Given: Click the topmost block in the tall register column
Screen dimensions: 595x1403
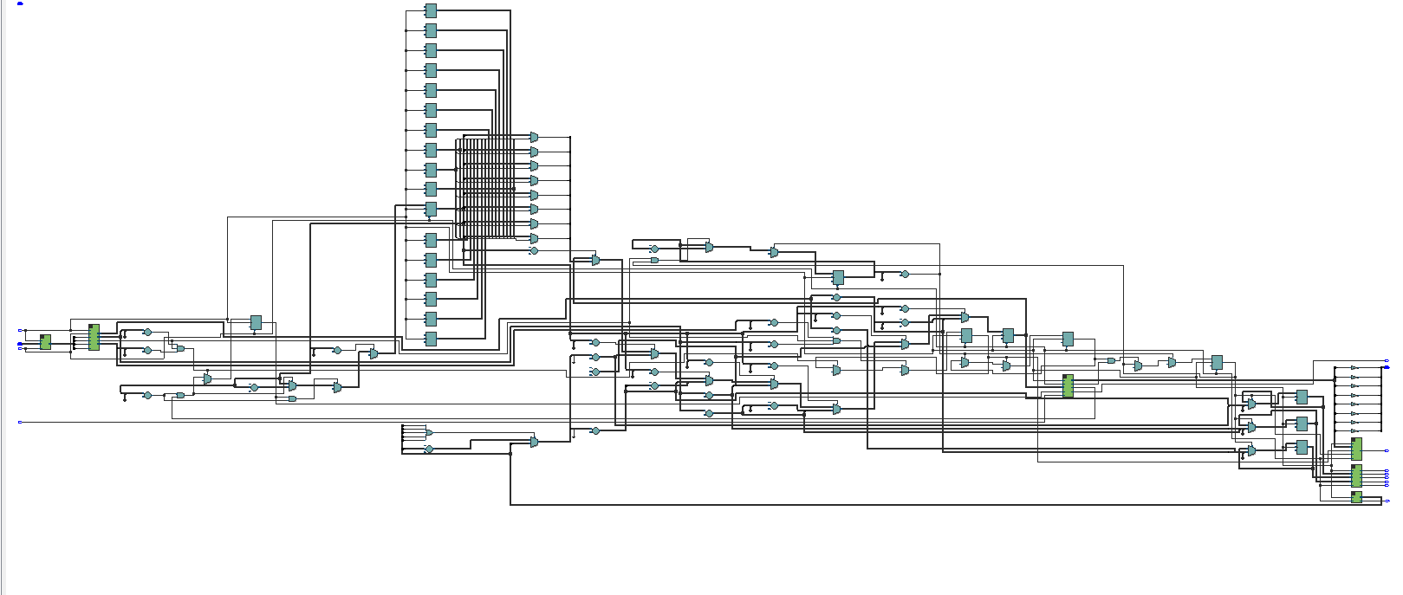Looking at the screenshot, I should point(431,10).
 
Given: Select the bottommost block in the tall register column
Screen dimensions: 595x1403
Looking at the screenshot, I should point(431,339).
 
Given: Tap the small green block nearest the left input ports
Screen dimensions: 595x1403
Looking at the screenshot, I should point(45,342).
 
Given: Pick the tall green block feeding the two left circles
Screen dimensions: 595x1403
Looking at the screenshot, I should point(94,338).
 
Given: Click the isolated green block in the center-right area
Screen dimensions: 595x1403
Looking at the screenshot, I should point(1068,386).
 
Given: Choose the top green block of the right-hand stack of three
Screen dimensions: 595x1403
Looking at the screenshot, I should point(1356,449).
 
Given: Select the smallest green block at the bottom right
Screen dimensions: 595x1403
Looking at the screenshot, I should point(1356,497).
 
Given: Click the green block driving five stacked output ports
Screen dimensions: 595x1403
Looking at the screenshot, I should point(1356,475).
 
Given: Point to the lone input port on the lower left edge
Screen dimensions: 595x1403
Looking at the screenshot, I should point(20,422).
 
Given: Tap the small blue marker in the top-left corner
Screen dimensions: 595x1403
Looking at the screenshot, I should point(21,3).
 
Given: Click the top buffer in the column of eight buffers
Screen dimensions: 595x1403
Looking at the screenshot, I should point(1354,368).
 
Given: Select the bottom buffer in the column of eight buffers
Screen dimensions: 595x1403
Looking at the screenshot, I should point(1354,430).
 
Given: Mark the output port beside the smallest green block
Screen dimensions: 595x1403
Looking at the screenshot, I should point(1387,501).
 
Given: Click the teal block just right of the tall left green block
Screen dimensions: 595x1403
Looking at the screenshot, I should point(256,322).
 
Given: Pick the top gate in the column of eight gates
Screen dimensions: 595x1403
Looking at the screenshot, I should point(534,137).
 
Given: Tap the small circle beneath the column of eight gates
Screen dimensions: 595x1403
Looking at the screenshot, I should point(534,251).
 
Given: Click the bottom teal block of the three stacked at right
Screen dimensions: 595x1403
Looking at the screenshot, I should point(1301,447).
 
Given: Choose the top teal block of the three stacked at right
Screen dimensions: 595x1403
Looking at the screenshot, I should point(1301,397).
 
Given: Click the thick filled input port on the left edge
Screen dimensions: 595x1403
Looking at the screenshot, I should point(21,345).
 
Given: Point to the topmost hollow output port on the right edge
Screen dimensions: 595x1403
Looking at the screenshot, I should point(1387,361).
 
